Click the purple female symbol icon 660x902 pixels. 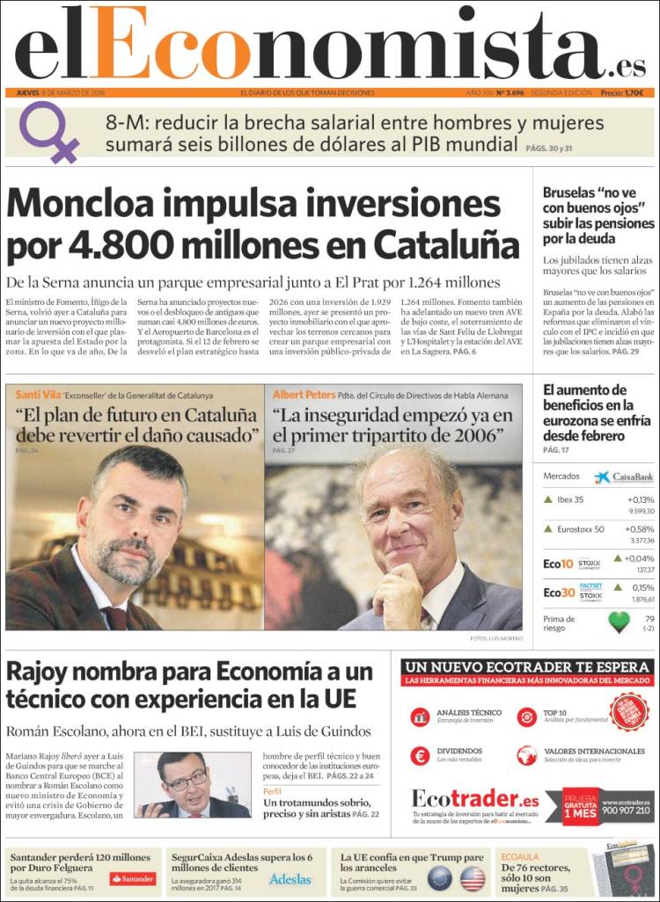[x=49, y=132]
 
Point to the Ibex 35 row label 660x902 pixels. [x=570, y=499]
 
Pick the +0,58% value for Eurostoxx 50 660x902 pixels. [x=639, y=529]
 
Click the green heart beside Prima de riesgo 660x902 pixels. [x=620, y=622]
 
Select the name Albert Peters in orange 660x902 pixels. [x=304, y=396]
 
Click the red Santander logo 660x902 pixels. [x=132, y=878]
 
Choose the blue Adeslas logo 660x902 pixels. [x=290, y=878]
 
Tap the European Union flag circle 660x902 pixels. [x=439, y=877]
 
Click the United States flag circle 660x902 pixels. [x=473, y=877]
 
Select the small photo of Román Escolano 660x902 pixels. [x=192, y=785]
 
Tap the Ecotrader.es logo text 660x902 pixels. [x=475, y=799]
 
